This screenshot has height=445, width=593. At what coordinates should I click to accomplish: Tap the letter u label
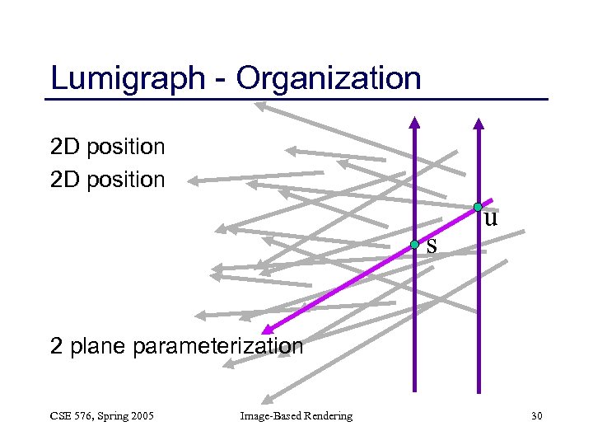coord(491,218)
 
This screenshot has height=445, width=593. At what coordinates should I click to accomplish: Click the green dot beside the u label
coord(478,207)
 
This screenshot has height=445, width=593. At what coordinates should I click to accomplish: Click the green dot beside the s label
coord(415,245)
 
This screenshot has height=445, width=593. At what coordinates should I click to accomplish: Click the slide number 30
coord(536,416)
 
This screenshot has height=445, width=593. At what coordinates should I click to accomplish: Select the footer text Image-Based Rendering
coord(296,416)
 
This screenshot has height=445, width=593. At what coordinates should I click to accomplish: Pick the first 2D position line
coord(107,148)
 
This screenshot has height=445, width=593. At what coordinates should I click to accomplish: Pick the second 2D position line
coord(107,179)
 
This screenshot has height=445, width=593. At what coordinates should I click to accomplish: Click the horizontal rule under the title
coord(296,100)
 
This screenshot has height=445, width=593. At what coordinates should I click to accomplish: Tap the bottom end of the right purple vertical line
coord(479,391)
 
